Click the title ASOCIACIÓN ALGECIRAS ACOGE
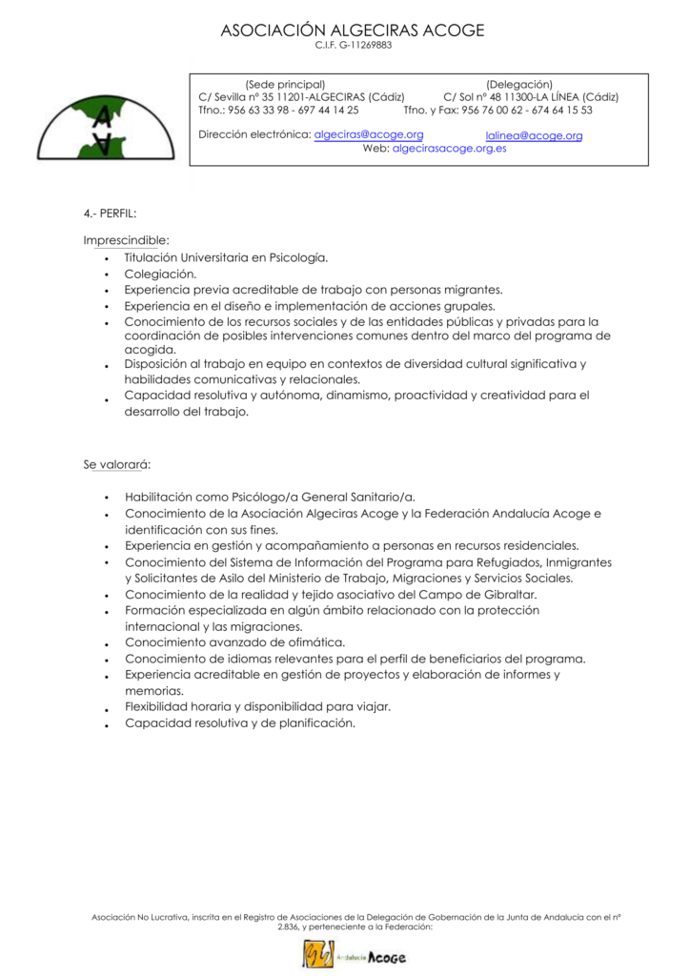point(353,30)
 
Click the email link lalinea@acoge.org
point(534,135)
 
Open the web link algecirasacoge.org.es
point(449,149)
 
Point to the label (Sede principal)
point(285,84)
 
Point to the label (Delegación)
point(519,84)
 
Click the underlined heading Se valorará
point(116,464)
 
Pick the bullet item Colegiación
point(160,274)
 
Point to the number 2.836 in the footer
point(288,926)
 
